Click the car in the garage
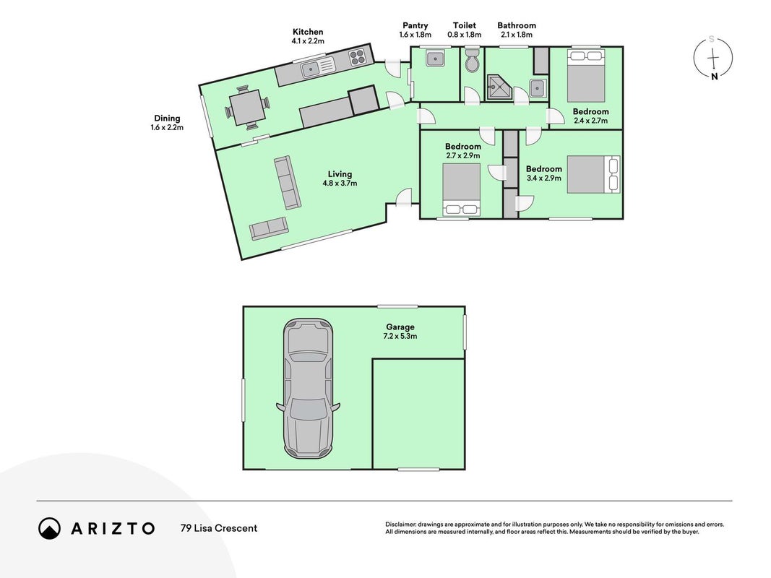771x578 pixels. tap(308, 387)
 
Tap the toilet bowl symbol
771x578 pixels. tap(472, 60)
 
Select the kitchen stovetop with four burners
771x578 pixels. tap(358, 58)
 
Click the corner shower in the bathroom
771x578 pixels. tap(499, 87)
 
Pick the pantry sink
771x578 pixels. tap(436, 59)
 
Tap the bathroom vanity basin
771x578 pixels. tap(538, 88)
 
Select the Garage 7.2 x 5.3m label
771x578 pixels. tap(400, 332)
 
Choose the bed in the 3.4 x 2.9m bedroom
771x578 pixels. tap(594, 174)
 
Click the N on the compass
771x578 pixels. tap(714, 77)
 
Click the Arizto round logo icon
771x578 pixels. tap(50, 528)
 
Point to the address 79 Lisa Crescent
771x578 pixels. tap(219, 528)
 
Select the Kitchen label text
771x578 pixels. tap(308, 32)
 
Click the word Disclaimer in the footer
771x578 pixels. tap(400, 525)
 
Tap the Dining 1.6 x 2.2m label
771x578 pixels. tap(167, 123)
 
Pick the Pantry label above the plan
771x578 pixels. tap(415, 25)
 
